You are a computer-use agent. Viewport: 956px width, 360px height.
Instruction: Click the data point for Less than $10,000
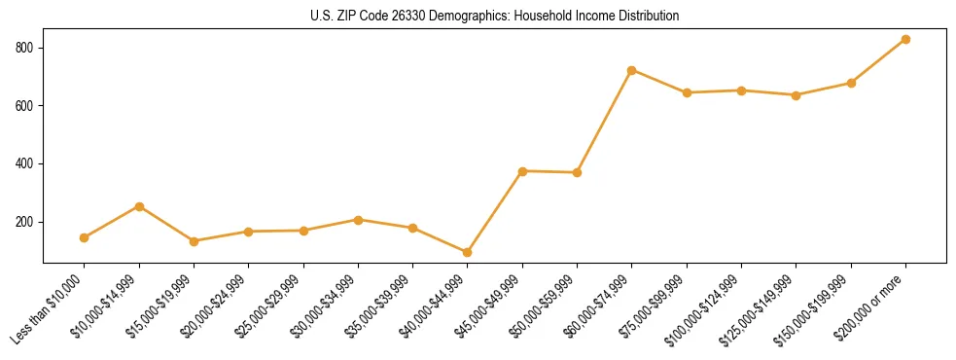[85, 237]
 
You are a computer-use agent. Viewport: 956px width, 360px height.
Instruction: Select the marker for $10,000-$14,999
[139, 206]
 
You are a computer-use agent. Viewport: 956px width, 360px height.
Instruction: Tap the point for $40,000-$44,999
[468, 252]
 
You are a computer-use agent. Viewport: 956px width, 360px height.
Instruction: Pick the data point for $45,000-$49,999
[522, 171]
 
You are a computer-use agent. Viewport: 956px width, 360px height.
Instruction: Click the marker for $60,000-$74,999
[632, 70]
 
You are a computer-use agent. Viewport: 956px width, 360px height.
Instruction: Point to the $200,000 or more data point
[905, 39]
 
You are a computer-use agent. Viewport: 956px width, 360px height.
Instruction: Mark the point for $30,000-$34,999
[358, 220]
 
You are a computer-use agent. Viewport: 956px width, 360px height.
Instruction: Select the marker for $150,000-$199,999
[851, 83]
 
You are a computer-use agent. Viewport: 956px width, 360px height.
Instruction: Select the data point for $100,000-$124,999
[741, 90]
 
